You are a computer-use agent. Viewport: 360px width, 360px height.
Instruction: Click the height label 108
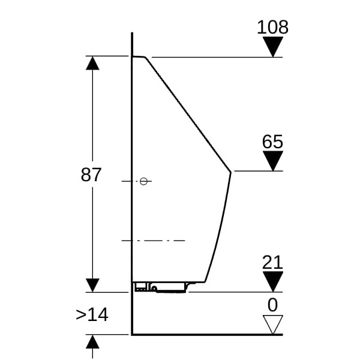point(272,27)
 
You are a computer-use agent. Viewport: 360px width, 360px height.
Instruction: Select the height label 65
point(272,142)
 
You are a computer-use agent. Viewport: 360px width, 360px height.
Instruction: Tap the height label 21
point(272,262)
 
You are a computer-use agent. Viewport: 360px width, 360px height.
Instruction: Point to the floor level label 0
point(272,305)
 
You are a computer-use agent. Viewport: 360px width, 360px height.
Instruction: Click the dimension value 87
point(91,175)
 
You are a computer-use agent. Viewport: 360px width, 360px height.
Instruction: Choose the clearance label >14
point(92,315)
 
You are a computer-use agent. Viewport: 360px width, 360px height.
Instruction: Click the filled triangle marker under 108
point(273,47)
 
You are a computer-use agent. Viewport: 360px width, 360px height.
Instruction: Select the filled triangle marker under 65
point(273,161)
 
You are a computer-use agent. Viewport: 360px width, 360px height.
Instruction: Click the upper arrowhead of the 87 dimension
point(92,64)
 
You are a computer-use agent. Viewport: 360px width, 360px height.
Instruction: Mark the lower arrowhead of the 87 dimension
point(92,285)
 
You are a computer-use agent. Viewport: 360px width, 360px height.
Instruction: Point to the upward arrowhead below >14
point(92,341)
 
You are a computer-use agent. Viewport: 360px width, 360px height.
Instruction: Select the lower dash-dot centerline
point(153,241)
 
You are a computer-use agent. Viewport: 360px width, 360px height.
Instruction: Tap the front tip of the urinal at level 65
point(230,172)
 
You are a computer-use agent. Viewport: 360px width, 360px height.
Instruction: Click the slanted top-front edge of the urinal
point(188,115)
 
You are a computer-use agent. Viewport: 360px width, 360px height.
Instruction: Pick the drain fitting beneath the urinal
point(161,287)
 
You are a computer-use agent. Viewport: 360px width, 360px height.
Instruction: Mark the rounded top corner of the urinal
point(145,58)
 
